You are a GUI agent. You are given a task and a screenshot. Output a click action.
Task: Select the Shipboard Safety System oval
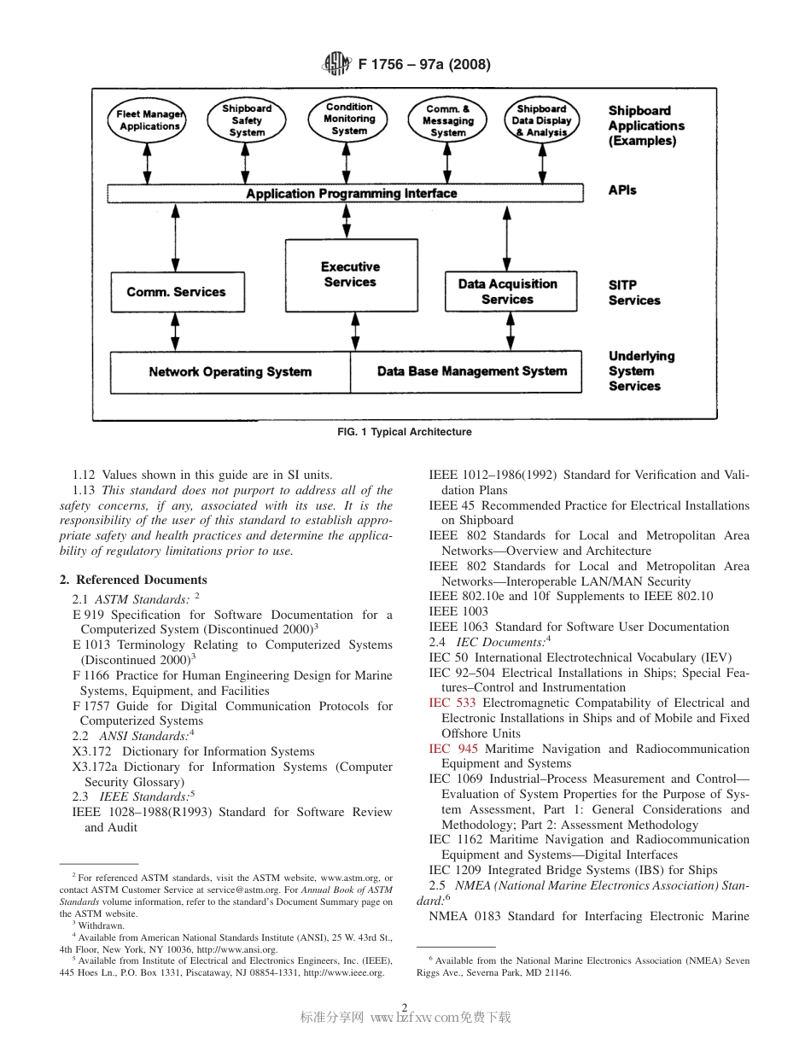247,120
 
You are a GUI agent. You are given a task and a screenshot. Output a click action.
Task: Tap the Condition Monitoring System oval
349,120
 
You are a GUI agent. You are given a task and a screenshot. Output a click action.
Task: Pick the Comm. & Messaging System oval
448,120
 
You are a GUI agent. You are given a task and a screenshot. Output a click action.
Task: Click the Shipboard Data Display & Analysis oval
541,120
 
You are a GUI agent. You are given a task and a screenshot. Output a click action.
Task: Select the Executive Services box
350,275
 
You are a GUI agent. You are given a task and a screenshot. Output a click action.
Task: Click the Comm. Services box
177,292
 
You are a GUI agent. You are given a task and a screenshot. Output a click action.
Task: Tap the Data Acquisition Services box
507,292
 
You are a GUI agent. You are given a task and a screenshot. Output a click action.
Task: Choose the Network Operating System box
230,372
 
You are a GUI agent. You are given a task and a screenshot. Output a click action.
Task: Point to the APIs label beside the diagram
622,190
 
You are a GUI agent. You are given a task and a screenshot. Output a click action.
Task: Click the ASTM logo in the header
335,64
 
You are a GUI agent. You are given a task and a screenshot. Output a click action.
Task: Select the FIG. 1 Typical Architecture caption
405,432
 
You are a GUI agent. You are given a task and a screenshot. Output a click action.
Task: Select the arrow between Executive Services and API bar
346,220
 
